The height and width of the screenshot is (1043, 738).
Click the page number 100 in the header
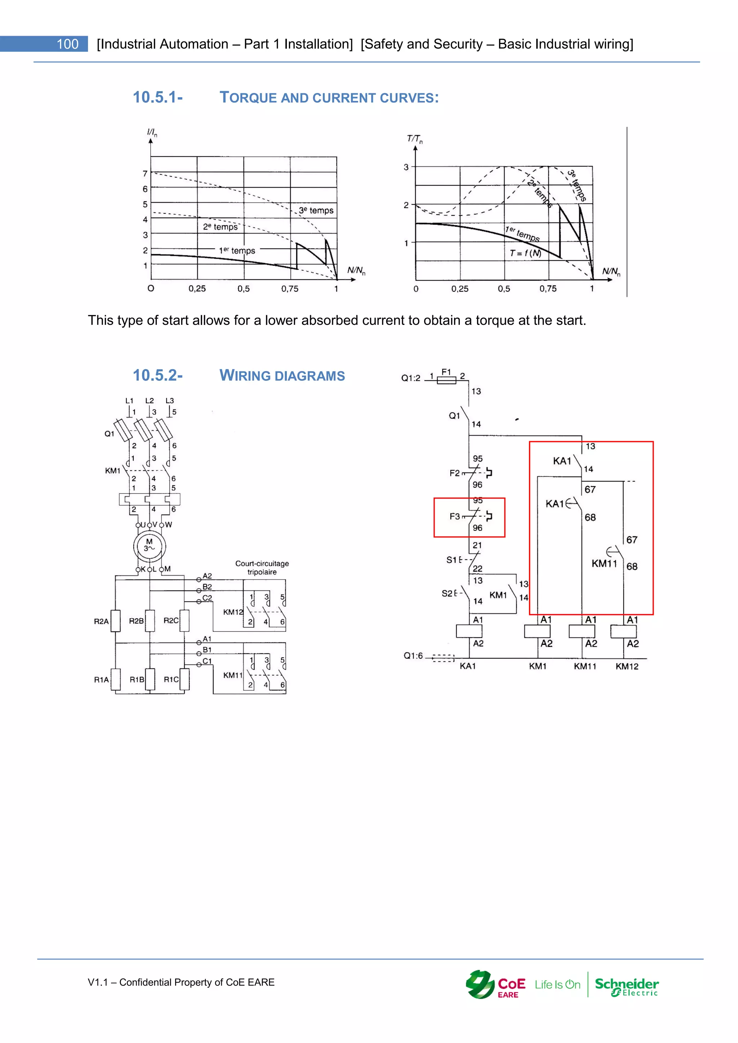click(67, 44)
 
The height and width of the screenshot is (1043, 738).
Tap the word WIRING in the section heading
click(245, 376)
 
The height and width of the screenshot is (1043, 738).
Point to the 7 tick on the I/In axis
click(145, 174)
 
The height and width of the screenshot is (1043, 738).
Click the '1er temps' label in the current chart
click(237, 250)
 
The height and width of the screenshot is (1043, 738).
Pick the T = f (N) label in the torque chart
click(525, 253)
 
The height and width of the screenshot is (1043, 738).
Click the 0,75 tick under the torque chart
click(548, 288)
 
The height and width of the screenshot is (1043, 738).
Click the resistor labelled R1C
click(184, 679)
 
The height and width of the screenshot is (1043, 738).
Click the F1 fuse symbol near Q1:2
click(446, 380)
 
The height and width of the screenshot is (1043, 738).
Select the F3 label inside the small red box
click(454, 516)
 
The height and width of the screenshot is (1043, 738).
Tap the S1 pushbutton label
click(451, 560)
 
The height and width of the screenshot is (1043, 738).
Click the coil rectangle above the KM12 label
click(623, 631)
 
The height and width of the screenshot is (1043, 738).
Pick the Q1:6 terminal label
click(413, 655)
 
